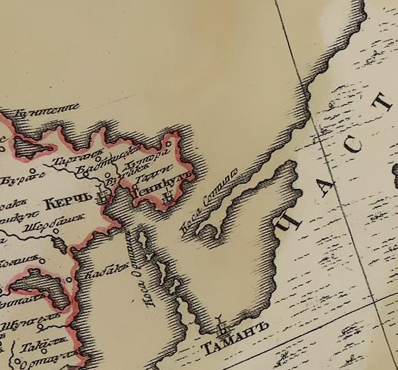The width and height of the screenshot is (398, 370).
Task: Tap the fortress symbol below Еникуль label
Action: click(x=169, y=193)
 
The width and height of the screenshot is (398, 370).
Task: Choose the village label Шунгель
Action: click(x=34, y=316)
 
